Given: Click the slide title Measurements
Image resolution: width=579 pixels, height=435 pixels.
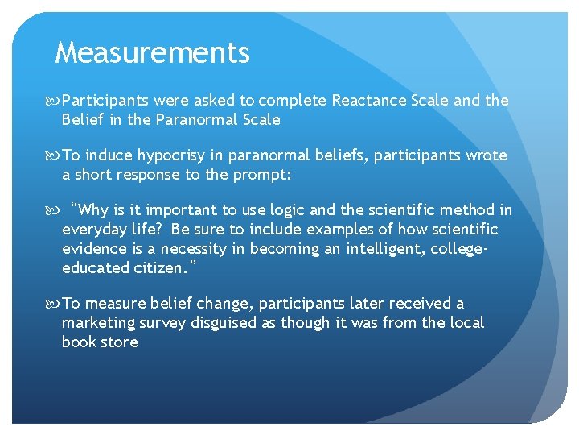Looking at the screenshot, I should pyautogui.click(x=152, y=53).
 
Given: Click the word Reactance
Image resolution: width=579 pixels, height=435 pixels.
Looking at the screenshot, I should pyautogui.click(x=368, y=101).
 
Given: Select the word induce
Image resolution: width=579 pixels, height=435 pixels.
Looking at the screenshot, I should pyautogui.click(x=105, y=155).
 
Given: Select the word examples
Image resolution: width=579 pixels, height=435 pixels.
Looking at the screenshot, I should pyautogui.click(x=293, y=230).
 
